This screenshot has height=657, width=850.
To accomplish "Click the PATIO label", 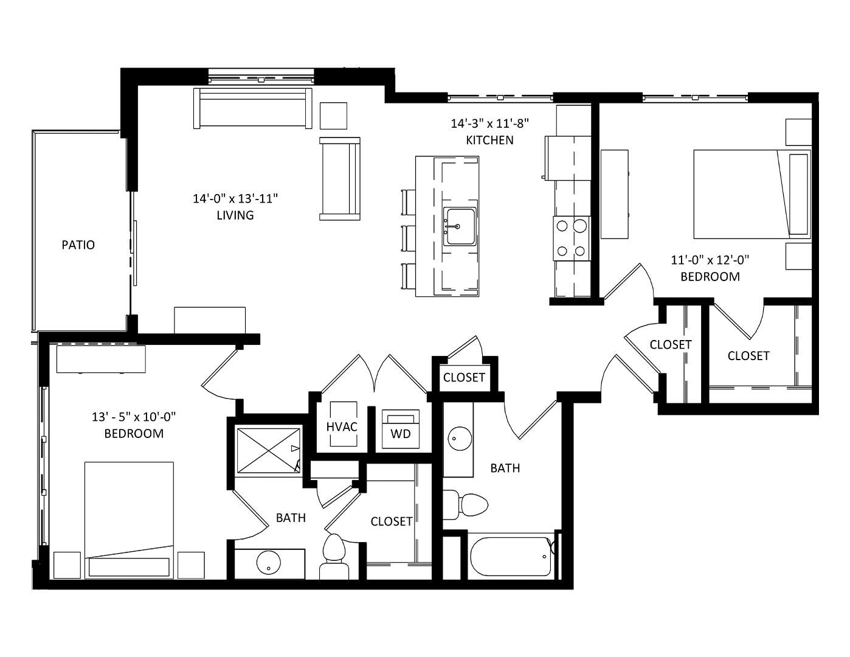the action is [x=78, y=245].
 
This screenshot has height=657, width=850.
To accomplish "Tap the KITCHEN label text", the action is [x=489, y=140].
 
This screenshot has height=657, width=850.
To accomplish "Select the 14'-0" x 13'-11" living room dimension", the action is [x=235, y=199].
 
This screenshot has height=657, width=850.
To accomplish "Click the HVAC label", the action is [x=342, y=427].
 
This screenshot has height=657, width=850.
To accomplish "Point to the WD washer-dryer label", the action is [x=401, y=434].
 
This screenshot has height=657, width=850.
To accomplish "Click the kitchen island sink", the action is [x=460, y=226].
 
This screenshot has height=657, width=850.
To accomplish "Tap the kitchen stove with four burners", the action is [x=572, y=238].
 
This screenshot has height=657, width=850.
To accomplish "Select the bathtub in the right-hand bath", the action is [x=511, y=557].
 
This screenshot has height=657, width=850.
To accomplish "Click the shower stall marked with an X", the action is [x=268, y=451].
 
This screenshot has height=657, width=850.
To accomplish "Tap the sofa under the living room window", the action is [x=253, y=108].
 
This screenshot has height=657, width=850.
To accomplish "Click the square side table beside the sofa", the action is [x=333, y=116].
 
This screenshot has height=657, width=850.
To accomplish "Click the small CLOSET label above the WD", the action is [x=464, y=377].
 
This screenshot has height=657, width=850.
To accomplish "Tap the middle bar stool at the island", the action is [x=409, y=238].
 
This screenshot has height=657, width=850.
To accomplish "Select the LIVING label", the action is [x=235, y=215].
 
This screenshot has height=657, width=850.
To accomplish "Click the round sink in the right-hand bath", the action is [x=460, y=439].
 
